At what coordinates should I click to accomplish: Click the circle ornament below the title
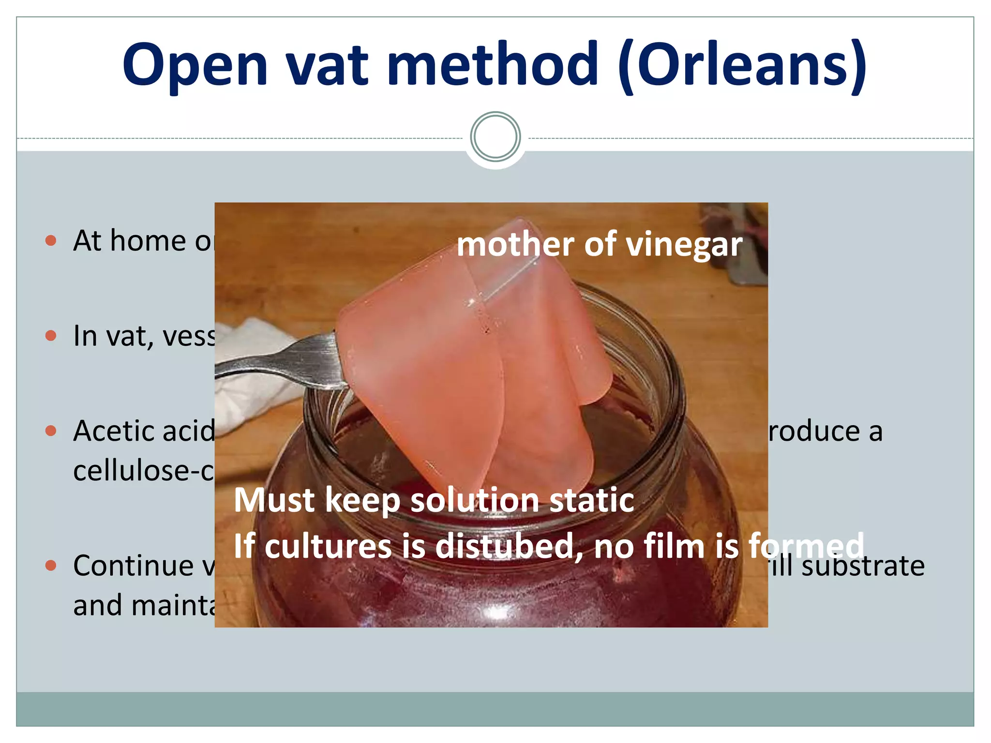tap(495, 137)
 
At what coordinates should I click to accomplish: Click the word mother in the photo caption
tap(512, 244)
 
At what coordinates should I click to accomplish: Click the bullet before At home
tap(51, 240)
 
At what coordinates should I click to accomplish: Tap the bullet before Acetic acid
tap(51, 431)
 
